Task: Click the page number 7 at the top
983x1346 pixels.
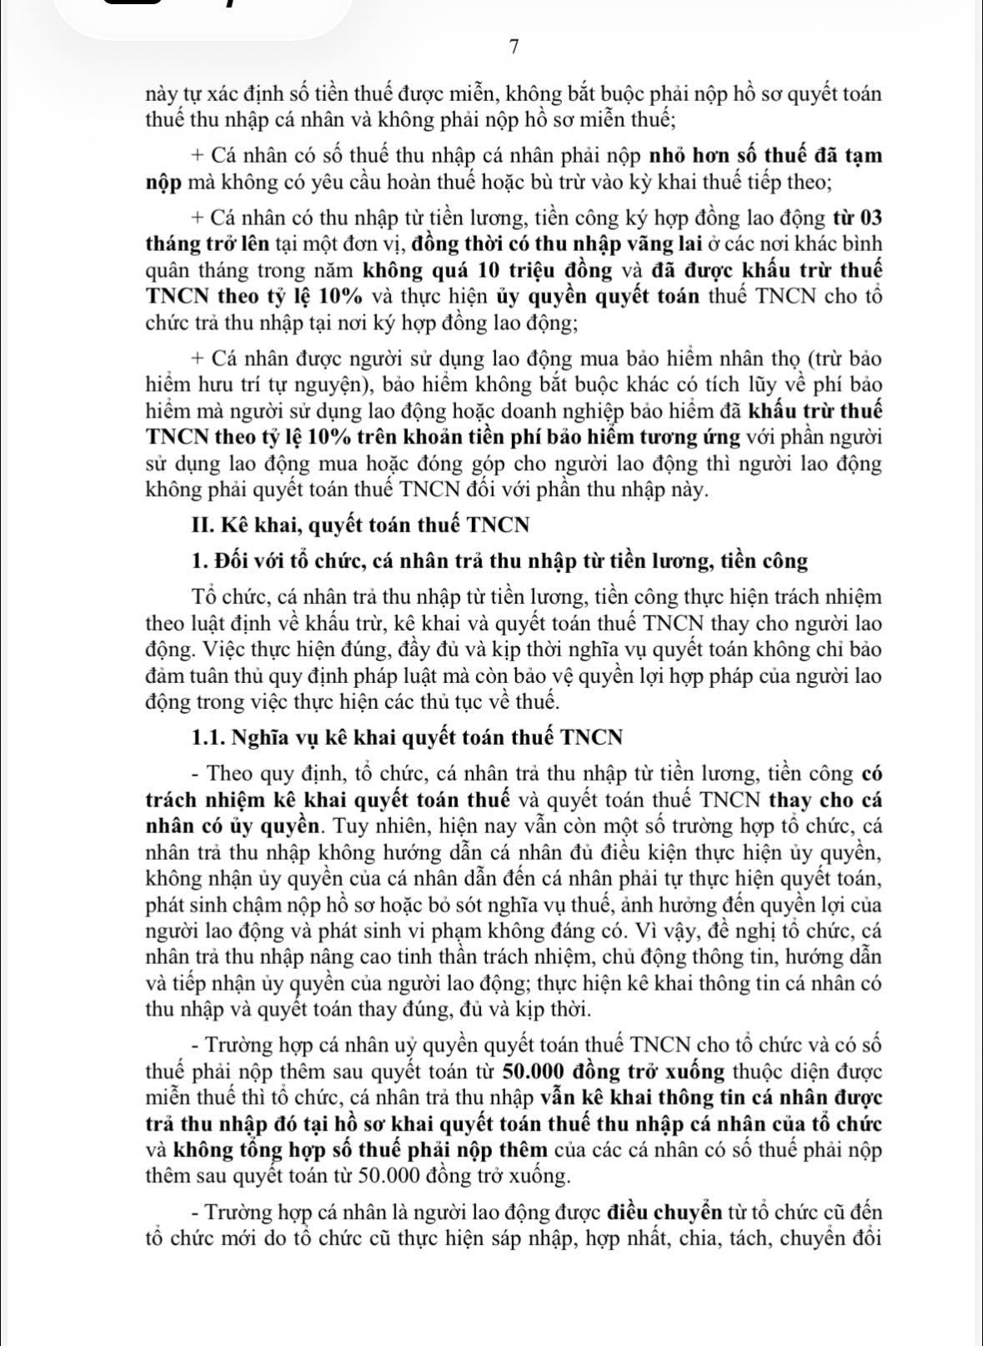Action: [x=514, y=48]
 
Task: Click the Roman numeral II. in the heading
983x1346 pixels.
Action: [x=201, y=525]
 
